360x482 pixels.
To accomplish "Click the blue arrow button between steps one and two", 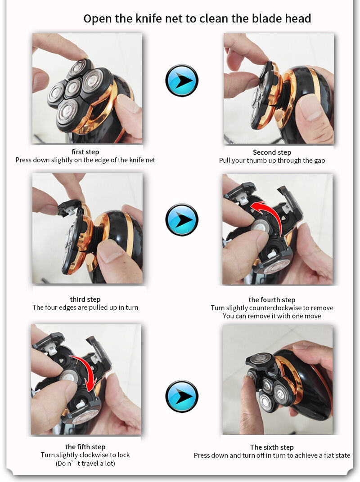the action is pyautogui.click(x=181, y=80).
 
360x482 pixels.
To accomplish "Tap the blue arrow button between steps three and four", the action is pyautogui.click(x=181, y=219).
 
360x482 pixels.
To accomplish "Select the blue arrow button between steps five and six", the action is pyautogui.click(x=181, y=396).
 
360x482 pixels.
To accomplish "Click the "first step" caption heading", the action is pyautogui.click(x=85, y=152).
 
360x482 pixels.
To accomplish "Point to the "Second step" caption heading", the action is pyautogui.click(x=272, y=152).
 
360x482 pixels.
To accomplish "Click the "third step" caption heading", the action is pyautogui.click(x=85, y=299).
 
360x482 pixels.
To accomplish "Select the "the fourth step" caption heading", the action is pyautogui.click(x=272, y=300).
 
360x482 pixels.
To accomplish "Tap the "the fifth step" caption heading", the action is pyautogui.click(x=85, y=446).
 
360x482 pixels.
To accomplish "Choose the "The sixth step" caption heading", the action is pyautogui.click(x=272, y=447).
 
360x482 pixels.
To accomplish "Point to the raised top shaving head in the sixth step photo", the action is pyautogui.click(x=260, y=359).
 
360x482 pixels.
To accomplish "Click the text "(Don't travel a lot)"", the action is pyautogui.click(x=85, y=463).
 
